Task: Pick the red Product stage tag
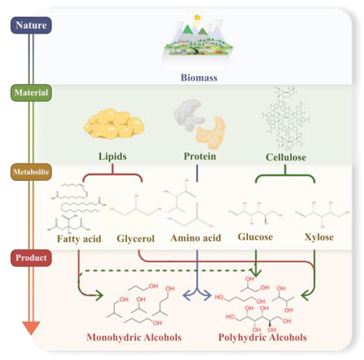[31, 258]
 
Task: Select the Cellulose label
[287, 156]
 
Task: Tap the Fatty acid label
[79, 238]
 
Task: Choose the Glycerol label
[137, 238]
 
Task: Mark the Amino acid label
[196, 238]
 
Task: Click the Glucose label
[255, 237]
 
